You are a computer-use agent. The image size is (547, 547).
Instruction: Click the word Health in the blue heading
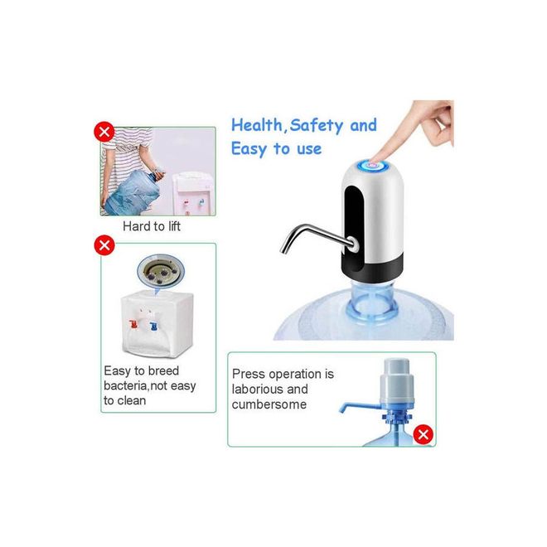point(258,125)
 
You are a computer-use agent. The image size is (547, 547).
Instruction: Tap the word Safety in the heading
point(316,126)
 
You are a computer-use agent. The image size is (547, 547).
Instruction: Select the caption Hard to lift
point(152,226)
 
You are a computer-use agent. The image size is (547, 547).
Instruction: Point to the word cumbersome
point(269,404)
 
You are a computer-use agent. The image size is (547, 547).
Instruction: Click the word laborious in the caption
point(257,389)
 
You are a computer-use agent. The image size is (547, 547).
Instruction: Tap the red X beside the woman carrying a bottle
point(104,132)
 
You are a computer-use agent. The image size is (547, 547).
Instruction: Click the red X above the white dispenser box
point(104,245)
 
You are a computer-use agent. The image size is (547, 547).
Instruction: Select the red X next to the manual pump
point(424,434)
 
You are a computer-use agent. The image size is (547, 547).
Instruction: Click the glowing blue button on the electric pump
point(373,165)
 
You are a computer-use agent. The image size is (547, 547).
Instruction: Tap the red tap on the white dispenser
point(133,324)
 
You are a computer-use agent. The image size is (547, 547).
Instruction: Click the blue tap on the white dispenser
point(153,326)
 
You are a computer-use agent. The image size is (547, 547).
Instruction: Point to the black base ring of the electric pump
point(373,267)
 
